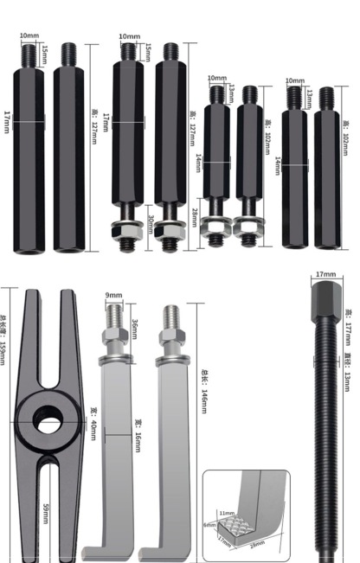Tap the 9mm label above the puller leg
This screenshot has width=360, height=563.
coord(113,296)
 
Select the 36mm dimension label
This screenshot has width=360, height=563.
coord(133,329)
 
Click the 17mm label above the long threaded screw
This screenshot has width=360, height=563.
coord(325,274)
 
